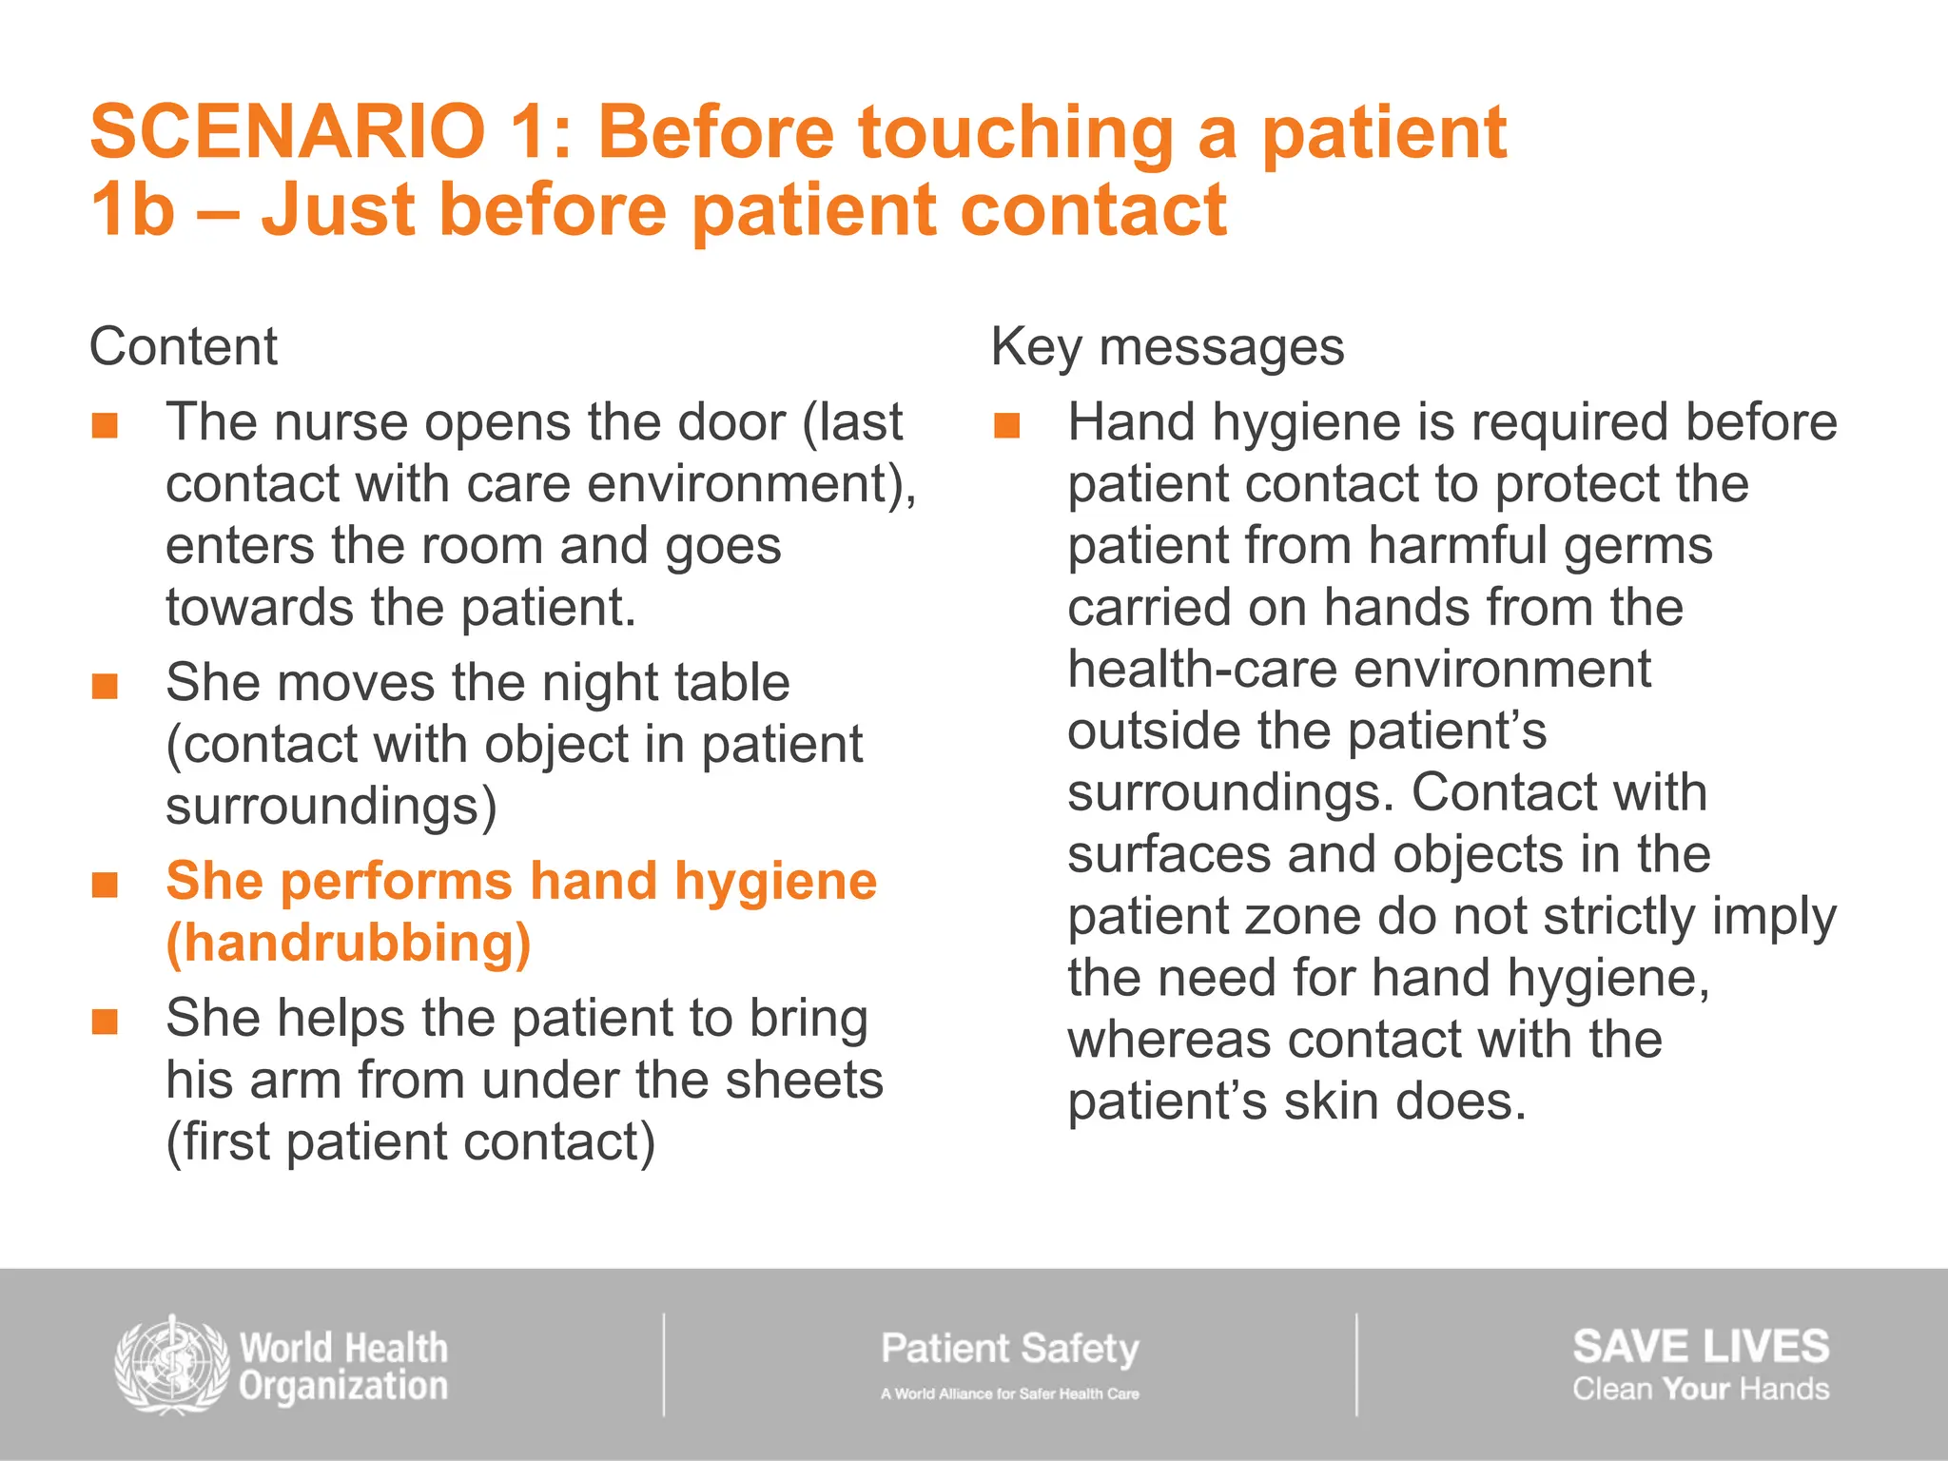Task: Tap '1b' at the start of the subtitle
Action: pos(132,210)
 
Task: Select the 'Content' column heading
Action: pos(183,346)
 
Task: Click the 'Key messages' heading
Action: pos(1167,346)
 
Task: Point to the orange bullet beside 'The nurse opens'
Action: pos(105,425)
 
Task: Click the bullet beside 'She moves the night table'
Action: pos(105,686)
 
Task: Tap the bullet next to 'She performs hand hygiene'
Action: pos(105,885)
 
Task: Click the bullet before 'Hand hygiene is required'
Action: pos(1006,425)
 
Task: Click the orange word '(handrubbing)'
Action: pos(348,944)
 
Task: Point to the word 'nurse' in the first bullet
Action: pos(340,422)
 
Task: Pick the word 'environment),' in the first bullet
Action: pos(751,484)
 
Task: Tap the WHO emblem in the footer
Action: pos(171,1366)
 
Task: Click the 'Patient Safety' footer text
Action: pos(1009,1349)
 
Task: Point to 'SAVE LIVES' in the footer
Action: pos(1700,1347)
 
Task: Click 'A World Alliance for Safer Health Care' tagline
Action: pos(1009,1393)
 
